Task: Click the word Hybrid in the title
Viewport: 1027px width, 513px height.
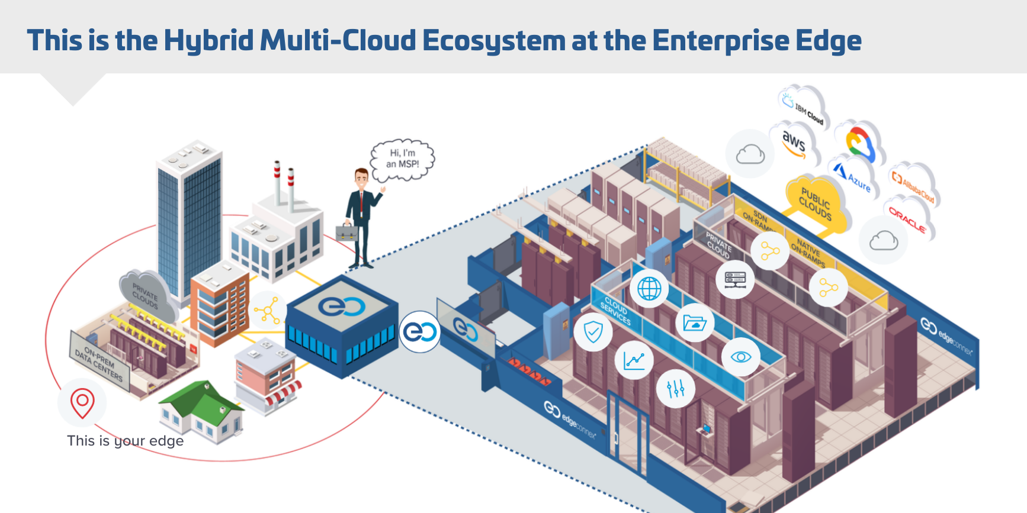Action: [x=209, y=41]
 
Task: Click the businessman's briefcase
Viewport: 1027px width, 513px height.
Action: [x=347, y=232]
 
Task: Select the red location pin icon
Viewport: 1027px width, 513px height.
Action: [x=82, y=402]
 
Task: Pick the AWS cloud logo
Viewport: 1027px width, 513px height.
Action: [x=794, y=144]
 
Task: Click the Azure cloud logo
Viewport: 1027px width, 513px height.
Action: [x=853, y=176]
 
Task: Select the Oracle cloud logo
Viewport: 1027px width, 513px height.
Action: [x=907, y=219]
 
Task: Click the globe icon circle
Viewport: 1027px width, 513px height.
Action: [x=649, y=289]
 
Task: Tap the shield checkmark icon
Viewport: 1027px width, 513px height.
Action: [x=593, y=332]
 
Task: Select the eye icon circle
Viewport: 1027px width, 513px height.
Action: [x=740, y=357]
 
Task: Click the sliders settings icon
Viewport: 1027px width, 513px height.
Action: [x=675, y=389]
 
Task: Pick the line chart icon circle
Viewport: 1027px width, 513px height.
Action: [x=634, y=360]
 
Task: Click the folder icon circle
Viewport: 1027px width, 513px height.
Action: [x=694, y=323]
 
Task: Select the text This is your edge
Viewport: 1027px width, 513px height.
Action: [x=125, y=441]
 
